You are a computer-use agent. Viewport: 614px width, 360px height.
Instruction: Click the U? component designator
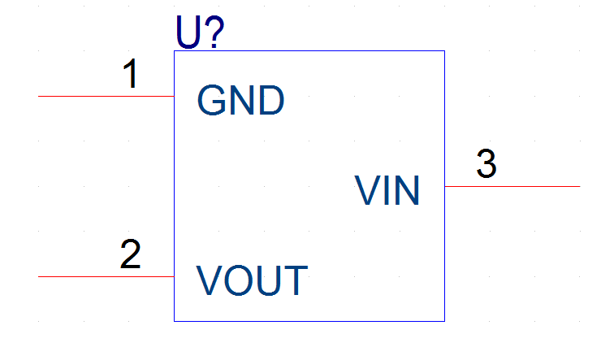pyautogui.click(x=200, y=33)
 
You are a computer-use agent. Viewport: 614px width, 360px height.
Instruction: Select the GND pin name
pyautogui.click(x=240, y=100)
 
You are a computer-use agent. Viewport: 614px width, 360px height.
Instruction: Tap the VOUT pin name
pyautogui.click(x=252, y=280)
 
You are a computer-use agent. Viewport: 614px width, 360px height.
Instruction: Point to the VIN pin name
pyautogui.click(x=387, y=190)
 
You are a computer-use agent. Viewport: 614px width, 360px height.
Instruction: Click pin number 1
pyautogui.click(x=131, y=73)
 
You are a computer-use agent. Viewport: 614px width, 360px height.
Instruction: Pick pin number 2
pyautogui.click(x=130, y=254)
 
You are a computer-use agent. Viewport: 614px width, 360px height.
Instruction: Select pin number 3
pyautogui.click(x=486, y=163)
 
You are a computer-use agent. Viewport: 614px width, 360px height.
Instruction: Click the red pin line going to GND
pyautogui.click(x=106, y=96)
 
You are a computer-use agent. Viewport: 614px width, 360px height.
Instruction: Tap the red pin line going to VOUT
pyautogui.click(x=106, y=276)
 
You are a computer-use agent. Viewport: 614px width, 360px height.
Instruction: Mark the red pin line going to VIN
pyautogui.click(x=512, y=186)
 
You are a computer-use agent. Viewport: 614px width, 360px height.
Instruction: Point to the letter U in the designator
pyautogui.click(x=188, y=33)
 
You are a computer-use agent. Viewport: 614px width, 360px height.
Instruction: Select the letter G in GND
pyautogui.click(x=211, y=100)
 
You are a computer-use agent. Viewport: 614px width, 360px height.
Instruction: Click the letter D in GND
pyautogui.click(x=272, y=100)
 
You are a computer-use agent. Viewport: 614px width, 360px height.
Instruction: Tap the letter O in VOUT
pyautogui.click(x=239, y=280)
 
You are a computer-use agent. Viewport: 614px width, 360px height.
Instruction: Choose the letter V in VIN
pyautogui.click(x=368, y=190)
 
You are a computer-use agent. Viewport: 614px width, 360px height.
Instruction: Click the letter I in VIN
pyautogui.click(x=387, y=190)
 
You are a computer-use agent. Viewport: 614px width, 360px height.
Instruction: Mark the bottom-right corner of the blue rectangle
pyautogui.click(x=444, y=321)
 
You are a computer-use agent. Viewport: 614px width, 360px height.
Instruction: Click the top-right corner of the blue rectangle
pyautogui.click(x=444, y=51)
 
